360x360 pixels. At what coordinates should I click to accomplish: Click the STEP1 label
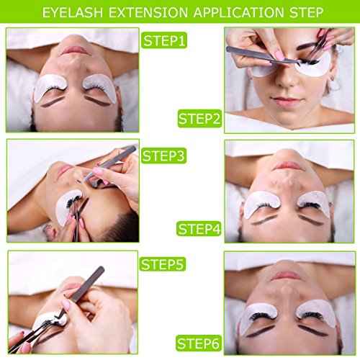tap(165, 41)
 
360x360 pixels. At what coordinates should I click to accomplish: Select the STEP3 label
tap(165, 154)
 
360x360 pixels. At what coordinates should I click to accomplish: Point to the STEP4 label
tap(199, 229)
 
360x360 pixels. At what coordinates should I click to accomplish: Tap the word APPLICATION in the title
tap(238, 12)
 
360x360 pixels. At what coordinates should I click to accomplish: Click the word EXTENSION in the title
tap(153, 12)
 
